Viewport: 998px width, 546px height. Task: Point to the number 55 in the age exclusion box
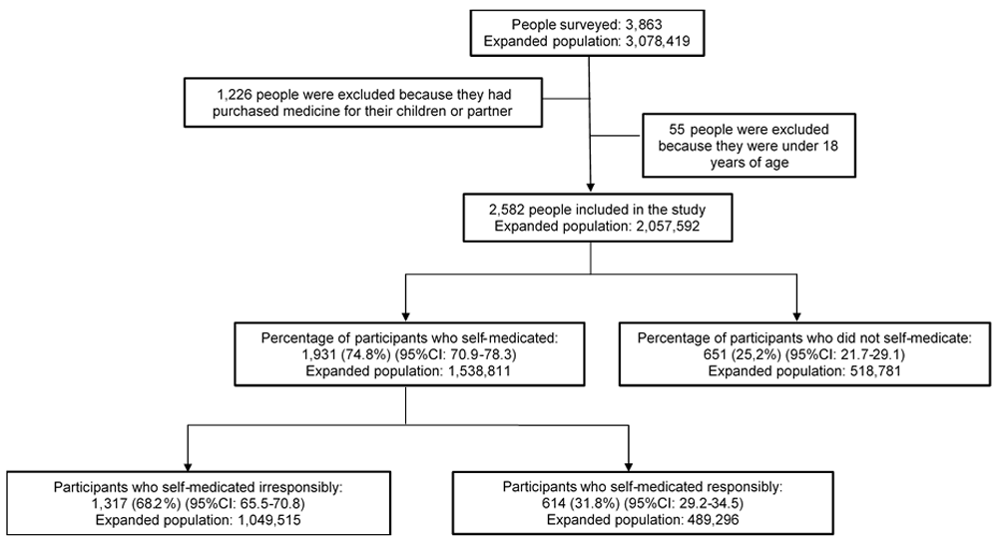coord(678,129)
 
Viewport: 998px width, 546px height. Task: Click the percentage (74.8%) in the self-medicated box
coord(362,353)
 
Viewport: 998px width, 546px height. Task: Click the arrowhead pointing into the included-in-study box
coord(591,188)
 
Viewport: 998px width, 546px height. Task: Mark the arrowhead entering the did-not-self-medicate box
coord(796,316)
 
